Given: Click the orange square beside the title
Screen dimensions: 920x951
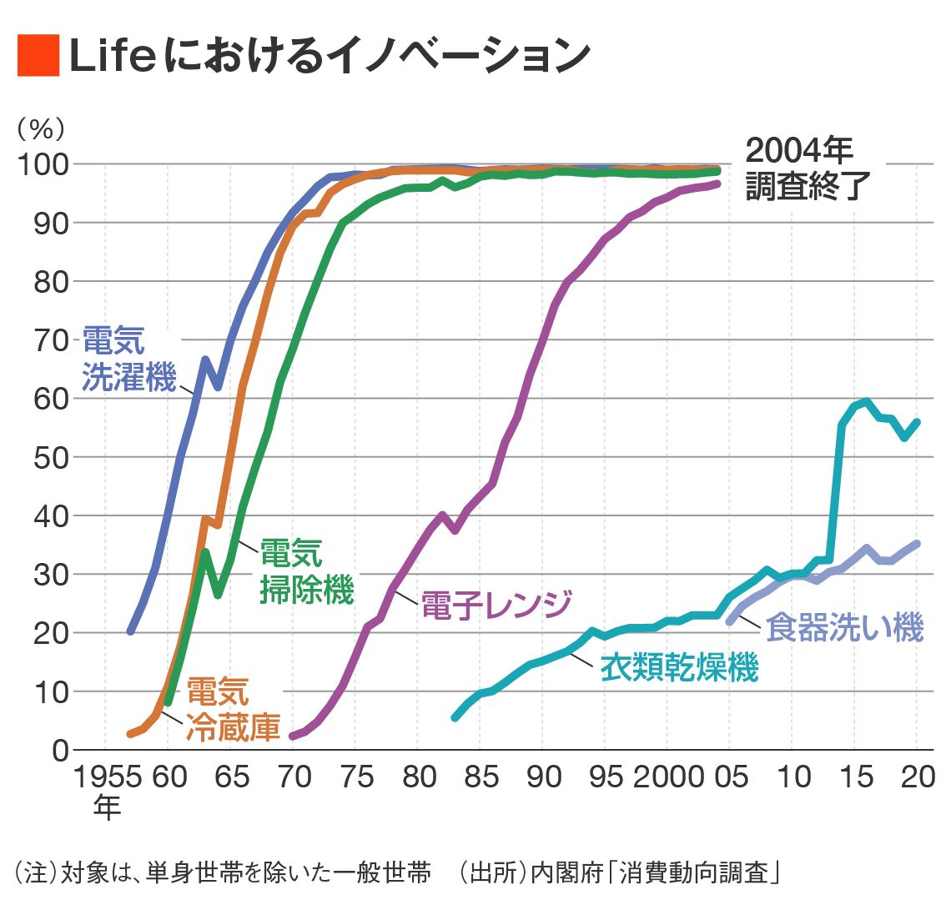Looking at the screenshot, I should pyautogui.click(x=38, y=56).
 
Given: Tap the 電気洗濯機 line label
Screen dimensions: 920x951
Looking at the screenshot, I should pyautogui.click(x=128, y=359).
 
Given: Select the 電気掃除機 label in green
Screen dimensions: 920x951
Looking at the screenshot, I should pyautogui.click(x=306, y=571).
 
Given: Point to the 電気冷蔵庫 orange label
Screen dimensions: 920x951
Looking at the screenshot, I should pyautogui.click(x=232, y=710).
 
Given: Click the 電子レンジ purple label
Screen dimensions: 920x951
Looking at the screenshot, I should pyautogui.click(x=496, y=605).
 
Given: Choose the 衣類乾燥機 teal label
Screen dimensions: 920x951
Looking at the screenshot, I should pyautogui.click(x=679, y=668).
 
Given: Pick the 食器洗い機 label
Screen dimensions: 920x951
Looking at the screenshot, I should pyautogui.click(x=844, y=627).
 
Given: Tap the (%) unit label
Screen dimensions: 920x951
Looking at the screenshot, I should pyautogui.click(x=40, y=128).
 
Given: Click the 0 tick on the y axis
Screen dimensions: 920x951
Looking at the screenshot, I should pyautogui.click(x=60, y=750).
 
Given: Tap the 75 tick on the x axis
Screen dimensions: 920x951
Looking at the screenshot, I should pyautogui.click(x=357, y=777).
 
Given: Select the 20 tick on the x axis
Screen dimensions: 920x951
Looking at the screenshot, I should pyautogui.click(x=918, y=777).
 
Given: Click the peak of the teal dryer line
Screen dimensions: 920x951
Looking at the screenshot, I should pyautogui.click(x=867, y=402).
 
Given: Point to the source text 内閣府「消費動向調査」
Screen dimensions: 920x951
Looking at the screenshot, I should pyautogui.click(x=657, y=872).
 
